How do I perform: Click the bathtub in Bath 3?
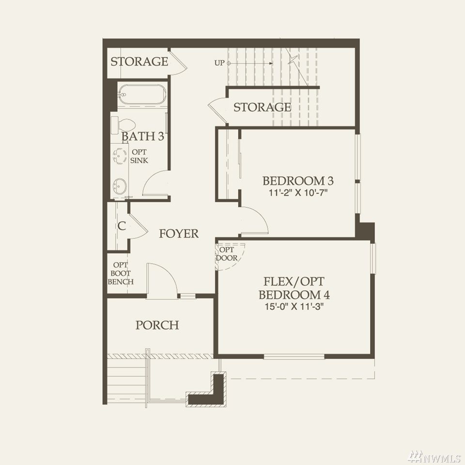(x=142, y=94)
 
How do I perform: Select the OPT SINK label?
(x=139, y=156)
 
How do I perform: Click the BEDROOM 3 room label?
(x=298, y=181)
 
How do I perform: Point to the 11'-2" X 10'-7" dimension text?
(x=298, y=193)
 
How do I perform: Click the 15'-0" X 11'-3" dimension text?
(x=294, y=306)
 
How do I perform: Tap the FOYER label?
(x=179, y=233)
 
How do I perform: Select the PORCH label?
(x=157, y=325)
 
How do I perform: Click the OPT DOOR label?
(x=227, y=254)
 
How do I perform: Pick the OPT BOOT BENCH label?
(x=121, y=273)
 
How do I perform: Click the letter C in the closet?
(x=122, y=226)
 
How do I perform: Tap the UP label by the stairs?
(x=219, y=63)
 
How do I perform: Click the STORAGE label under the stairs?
(x=262, y=107)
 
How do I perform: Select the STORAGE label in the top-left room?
(x=139, y=62)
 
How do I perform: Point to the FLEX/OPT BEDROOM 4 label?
(x=294, y=288)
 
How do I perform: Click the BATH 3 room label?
(x=142, y=137)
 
